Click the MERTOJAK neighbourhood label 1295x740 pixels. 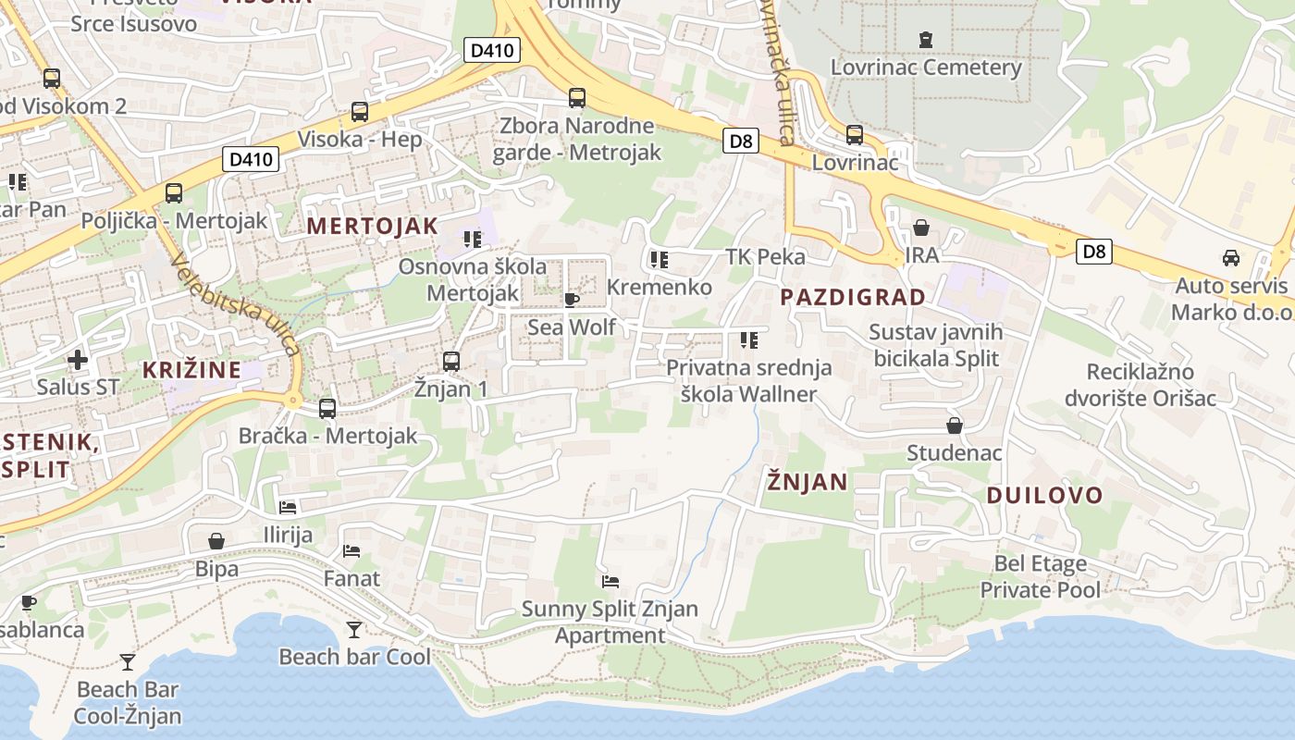click(372, 226)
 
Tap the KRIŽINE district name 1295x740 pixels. click(191, 370)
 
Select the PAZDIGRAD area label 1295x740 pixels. click(852, 297)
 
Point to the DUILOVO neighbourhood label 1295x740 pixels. click(1044, 495)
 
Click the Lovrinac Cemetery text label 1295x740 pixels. click(926, 68)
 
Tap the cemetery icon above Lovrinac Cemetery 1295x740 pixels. click(926, 40)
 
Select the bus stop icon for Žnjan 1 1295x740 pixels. click(451, 362)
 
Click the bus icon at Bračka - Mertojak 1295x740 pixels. click(327, 408)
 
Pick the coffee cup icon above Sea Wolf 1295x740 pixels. click(572, 300)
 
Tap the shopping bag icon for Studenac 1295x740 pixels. click(954, 425)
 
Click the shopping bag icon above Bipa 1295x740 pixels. click(216, 541)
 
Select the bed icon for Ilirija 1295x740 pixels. click(288, 508)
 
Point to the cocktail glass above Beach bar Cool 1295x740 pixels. click(354, 630)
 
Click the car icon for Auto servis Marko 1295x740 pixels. click(1231, 258)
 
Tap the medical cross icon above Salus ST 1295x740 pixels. click(78, 359)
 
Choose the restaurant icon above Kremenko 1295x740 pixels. click(659, 260)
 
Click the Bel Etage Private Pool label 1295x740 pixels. click(1041, 576)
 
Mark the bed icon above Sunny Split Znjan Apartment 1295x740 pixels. click(610, 582)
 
